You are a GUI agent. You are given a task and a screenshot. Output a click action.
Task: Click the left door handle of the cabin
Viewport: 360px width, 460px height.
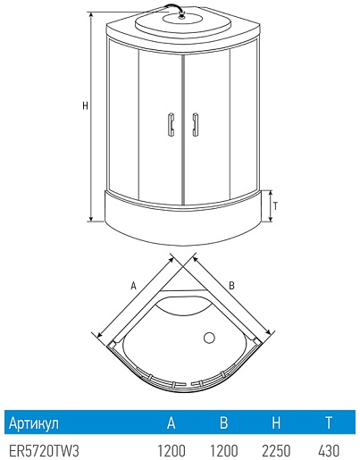click(x=171, y=124)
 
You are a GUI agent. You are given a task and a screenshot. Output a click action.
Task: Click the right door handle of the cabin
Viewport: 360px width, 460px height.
click(x=195, y=124)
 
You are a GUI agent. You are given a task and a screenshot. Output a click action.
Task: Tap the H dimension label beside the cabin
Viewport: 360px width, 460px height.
click(x=85, y=105)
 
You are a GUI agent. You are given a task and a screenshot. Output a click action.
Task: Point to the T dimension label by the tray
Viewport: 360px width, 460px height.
click(x=275, y=206)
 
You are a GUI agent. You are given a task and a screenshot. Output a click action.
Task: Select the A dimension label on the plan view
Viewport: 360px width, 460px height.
click(x=133, y=286)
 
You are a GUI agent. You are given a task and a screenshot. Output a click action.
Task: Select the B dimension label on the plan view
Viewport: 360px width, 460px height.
click(x=231, y=286)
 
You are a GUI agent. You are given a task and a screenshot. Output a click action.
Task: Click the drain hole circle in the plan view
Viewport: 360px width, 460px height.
click(x=209, y=338)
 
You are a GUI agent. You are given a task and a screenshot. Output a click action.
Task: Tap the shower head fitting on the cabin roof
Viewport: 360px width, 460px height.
click(x=181, y=14)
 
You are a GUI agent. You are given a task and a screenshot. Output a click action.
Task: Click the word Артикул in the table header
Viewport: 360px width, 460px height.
click(x=34, y=422)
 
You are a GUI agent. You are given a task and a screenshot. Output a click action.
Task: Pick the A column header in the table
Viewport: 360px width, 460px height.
click(x=171, y=422)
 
